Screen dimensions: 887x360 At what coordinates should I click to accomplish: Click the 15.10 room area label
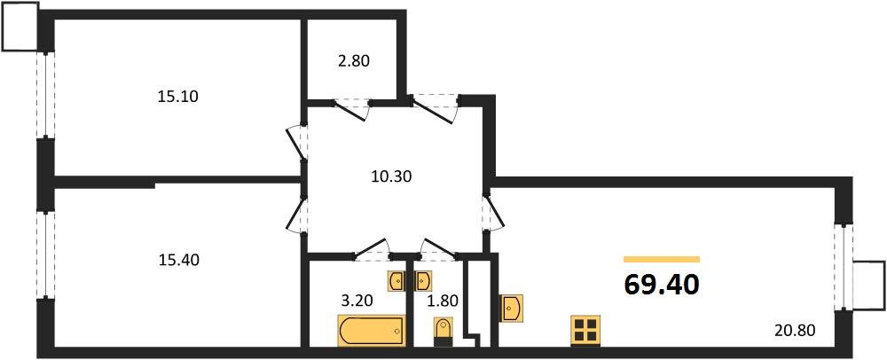[177, 97]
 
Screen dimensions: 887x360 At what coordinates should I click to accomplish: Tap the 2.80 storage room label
[354, 60]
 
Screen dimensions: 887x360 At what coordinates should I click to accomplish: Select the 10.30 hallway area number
[391, 176]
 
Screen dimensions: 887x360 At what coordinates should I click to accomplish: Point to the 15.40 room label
[179, 261]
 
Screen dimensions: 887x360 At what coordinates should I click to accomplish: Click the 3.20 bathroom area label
[357, 300]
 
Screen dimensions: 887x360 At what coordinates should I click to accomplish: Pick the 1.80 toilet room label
[443, 300]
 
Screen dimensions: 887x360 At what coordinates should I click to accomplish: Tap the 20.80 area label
[796, 327]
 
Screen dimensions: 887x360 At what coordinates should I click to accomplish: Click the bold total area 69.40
[662, 285]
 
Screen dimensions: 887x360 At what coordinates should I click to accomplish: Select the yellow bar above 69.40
[662, 260]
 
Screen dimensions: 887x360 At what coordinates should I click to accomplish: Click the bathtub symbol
[373, 330]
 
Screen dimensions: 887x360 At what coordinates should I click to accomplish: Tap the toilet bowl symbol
[443, 331]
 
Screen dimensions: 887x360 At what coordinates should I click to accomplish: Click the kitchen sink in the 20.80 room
[512, 308]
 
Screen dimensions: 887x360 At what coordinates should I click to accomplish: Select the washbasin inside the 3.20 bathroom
[396, 281]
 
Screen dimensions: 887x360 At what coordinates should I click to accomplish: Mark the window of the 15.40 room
[46, 254]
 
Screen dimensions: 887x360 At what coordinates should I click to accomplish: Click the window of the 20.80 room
[844, 267]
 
